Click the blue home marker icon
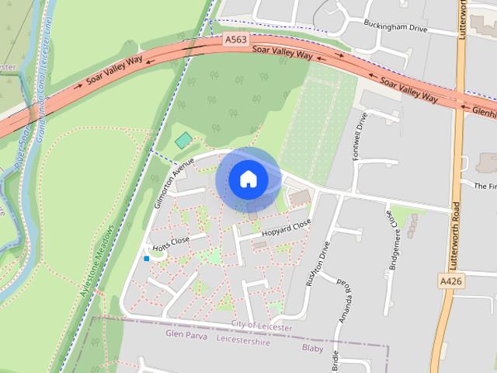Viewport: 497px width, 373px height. (x=248, y=180)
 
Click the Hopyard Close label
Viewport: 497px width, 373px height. (x=286, y=226)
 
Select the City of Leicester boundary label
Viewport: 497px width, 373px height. (x=262, y=327)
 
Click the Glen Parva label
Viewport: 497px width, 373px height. (x=186, y=333)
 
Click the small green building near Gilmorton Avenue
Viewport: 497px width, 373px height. (x=183, y=140)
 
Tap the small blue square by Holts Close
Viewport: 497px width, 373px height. (x=146, y=259)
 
